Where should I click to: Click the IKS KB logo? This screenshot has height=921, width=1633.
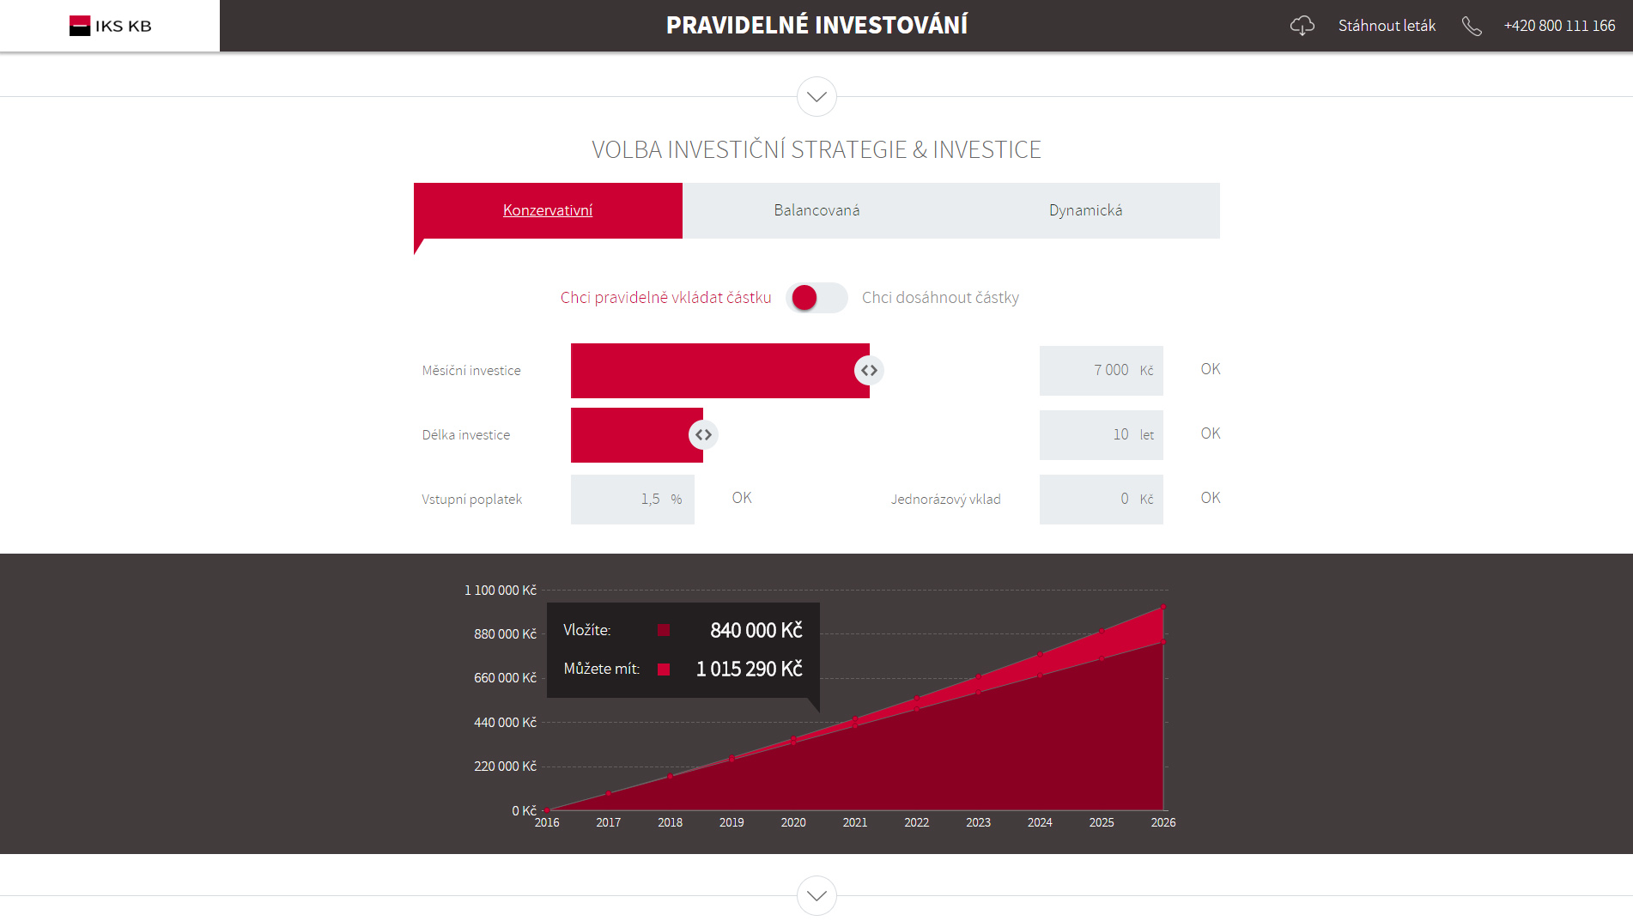[x=111, y=26]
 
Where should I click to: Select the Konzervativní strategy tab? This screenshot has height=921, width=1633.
[x=548, y=210]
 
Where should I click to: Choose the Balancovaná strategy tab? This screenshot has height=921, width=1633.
[x=816, y=210]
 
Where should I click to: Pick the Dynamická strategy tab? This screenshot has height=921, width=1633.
[x=1085, y=210]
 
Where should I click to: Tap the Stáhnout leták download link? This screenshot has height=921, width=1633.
[x=1387, y=26]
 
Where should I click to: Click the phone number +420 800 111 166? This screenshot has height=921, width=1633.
[x=1559, y=26]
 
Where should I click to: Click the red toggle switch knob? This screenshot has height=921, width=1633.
[x=804, y=298]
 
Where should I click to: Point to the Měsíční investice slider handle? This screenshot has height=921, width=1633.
[x=869, y=371]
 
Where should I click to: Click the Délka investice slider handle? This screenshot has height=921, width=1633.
[x=703, y=435]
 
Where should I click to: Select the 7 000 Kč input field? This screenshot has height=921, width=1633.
[x=1102, y=371]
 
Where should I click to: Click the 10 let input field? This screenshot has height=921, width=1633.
[x=1102, y=435]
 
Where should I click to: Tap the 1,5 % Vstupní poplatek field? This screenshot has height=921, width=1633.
[x=633, y=500]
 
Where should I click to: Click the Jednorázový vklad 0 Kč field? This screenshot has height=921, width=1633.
[x=1102, y=500]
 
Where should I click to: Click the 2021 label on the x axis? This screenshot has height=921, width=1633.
[x=855, y=822]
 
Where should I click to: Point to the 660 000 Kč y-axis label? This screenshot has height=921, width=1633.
[x=505, y=678]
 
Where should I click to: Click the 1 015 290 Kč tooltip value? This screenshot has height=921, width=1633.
[x=750, y=670]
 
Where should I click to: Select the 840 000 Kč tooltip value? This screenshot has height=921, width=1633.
[x=756, y=631]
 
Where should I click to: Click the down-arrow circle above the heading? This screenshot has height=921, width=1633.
[x=816, y=97]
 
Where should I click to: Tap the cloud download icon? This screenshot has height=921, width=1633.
[x=1302, y=26]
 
